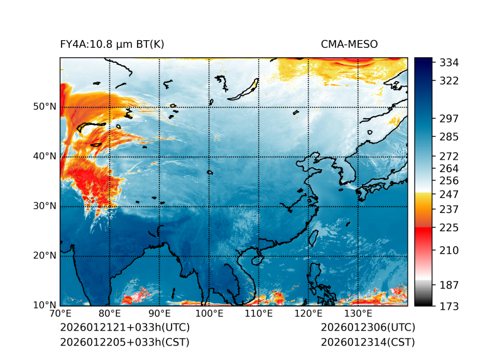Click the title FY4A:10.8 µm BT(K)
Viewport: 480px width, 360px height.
[x=112, y=44]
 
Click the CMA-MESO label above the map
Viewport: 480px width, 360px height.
[x=349, y=44]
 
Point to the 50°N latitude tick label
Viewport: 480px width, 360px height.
[x=44, y=107]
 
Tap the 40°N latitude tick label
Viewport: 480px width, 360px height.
[x=44, y=156]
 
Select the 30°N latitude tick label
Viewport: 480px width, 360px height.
[x=44, y=206]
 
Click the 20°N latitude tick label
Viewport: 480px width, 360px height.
[x=44, y=256]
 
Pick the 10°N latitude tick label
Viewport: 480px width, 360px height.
[x=44, y=306]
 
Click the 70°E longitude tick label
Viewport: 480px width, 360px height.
[x=60, y=314]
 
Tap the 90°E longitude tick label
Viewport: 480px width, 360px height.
[x=160, y=314]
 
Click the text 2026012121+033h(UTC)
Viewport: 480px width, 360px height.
[x=124, y=328]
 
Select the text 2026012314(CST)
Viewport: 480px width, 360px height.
[x=368, y=342]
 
